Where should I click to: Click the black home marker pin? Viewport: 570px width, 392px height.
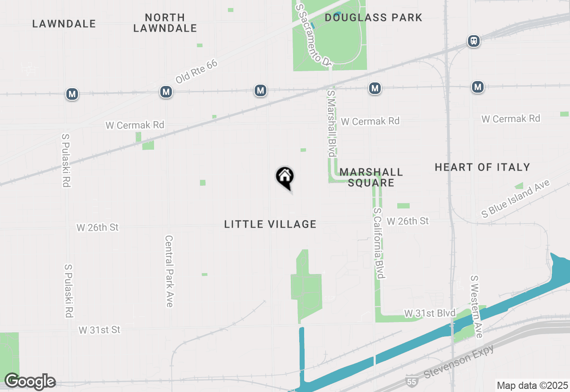click(285, 177)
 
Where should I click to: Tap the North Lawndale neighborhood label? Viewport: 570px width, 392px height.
click(165, 23)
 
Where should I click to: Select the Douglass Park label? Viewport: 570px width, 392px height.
click(373, 18)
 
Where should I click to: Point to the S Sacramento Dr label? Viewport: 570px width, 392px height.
click(313, 35)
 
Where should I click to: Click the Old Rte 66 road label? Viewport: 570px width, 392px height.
click(196, 71)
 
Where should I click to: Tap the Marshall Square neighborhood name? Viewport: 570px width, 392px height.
click(371, 177)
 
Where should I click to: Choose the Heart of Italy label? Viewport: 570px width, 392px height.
click(482, 167)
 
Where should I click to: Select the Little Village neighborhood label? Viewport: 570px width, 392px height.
click(270, 224)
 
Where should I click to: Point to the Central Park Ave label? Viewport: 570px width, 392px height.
click(169, 271)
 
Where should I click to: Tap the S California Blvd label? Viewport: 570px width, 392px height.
click(379, 243)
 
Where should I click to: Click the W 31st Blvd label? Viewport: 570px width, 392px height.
click(430, 313)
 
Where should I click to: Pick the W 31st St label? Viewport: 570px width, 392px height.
click(99, 330)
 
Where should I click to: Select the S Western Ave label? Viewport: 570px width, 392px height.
click(476, 306)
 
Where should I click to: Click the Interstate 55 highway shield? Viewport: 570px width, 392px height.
click(412, 381)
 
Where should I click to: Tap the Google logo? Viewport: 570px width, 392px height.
click(30, 381)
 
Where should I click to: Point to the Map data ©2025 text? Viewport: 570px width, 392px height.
click(532, 385)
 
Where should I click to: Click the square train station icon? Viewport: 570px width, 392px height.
click(474, 41)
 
